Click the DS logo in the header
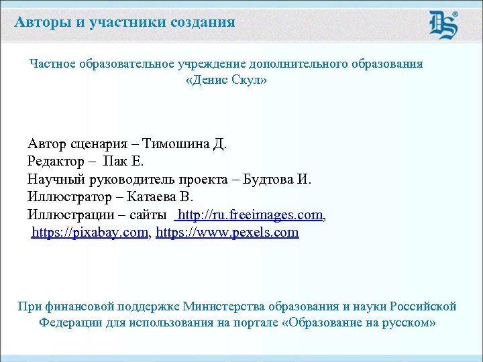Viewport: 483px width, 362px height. click(x=443, y=25)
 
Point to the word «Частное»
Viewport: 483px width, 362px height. click(x=53, y=64)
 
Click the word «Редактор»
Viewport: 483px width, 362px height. click(x=56, y=162)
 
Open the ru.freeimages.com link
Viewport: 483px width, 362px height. click(x=250, y=215)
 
